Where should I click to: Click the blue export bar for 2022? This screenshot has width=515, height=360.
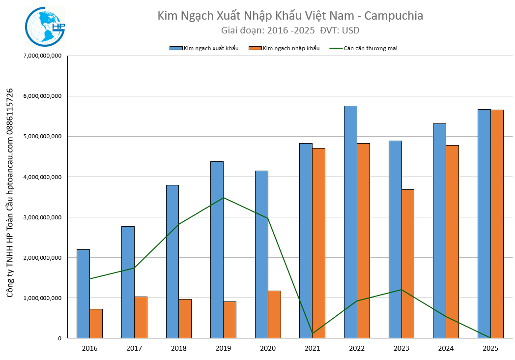point(350,222)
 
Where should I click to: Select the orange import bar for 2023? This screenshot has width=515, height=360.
point(407,264)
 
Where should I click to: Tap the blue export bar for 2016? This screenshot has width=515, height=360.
point(83,294)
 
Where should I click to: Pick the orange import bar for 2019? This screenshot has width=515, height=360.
point(229,320)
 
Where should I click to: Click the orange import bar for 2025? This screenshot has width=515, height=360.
point(497,224)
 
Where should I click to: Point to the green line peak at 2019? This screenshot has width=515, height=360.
point(224,198)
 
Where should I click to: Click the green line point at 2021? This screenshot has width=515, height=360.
point(313,333)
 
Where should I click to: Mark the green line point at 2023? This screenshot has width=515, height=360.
point(401,290)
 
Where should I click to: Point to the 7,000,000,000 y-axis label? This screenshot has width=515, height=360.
point(42,56)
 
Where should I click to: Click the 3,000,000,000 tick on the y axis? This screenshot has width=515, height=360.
point(42,217)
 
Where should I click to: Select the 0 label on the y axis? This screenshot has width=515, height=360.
point(59,338)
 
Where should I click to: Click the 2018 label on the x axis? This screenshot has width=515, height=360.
point(178,348)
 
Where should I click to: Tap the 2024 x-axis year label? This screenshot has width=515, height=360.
point(446,348)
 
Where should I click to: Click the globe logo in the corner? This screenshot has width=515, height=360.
point(44,27)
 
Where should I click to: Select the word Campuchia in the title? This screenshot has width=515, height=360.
point(395,16)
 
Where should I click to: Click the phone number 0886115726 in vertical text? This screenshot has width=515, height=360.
point(10,116)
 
